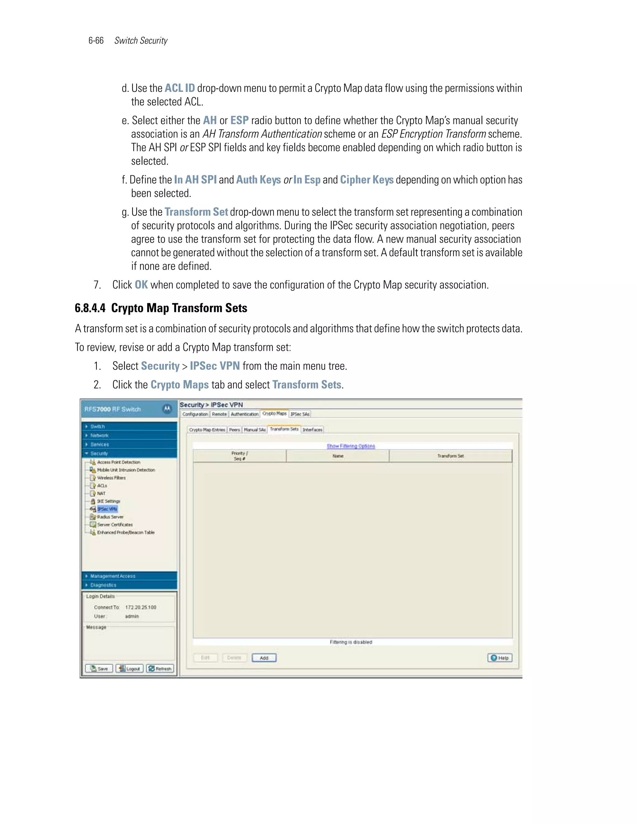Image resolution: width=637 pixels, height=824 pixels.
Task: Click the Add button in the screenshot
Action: [264, 658]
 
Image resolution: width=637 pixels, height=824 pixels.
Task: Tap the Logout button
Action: [129, 669]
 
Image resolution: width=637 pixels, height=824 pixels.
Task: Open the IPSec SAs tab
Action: [300, 414]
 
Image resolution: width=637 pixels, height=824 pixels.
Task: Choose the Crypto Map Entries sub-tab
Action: [207, 430]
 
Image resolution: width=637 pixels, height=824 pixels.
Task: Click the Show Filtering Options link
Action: [351, 446]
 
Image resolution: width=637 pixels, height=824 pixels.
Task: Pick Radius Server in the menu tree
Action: [110, 517]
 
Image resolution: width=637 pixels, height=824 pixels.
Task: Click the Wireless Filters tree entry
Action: [111, 478]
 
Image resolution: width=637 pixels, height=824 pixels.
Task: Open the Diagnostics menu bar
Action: [103, 585]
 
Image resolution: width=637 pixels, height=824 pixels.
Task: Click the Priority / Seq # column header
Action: [239, 456]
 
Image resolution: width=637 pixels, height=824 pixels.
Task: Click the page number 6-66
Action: [96, 41]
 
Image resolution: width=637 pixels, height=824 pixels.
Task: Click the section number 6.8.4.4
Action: [90, 308]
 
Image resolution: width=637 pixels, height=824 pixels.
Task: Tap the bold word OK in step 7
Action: [141, 285]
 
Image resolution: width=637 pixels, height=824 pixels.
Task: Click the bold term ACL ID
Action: [180, 88]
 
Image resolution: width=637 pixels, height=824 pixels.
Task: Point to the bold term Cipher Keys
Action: [366, 180]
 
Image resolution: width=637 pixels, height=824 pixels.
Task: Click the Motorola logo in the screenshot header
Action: [167, 409]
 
